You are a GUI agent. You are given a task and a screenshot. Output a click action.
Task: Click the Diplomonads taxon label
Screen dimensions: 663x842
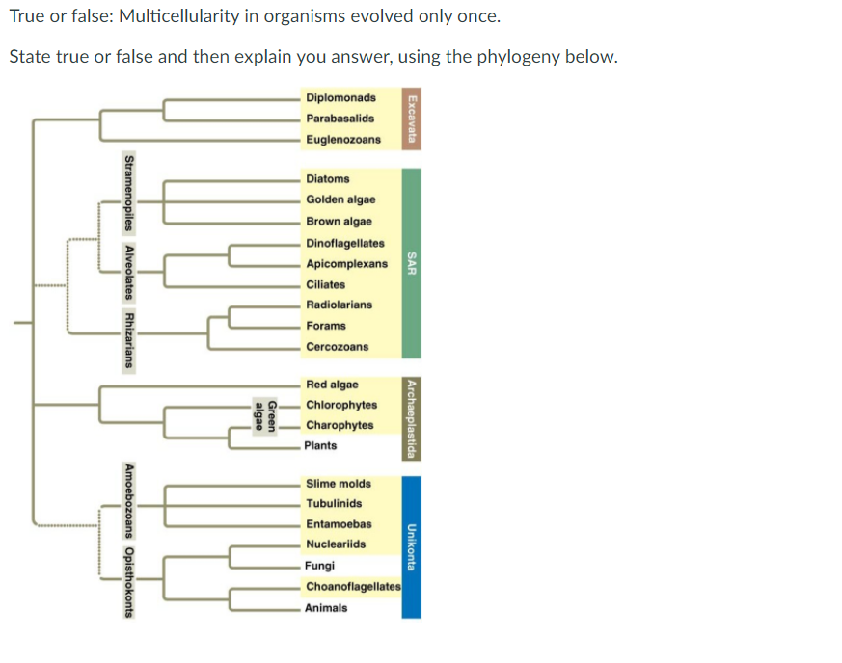pos(340,98)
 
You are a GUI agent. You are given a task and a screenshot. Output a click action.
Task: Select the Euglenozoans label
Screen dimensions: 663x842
pos(343,140)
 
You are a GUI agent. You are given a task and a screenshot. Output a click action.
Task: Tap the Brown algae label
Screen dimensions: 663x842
pos(339,222)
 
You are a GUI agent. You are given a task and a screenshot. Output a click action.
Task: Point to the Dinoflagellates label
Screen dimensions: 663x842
pos(345,244)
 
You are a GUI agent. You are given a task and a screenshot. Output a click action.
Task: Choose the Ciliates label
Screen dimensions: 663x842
pos(326,285)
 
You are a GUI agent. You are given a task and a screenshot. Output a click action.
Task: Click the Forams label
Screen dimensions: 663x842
pos(325,326)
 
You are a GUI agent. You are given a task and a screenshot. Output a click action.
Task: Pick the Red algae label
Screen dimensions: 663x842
pos(331,385)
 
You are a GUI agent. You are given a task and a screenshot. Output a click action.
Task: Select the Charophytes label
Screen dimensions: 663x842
pos(340,425)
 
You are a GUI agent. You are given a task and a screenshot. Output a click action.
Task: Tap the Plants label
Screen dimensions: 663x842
pos(321,446)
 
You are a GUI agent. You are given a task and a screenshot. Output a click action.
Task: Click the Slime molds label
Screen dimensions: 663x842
pos(338,484)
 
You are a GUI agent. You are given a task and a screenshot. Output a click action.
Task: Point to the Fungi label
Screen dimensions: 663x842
pos(319,566)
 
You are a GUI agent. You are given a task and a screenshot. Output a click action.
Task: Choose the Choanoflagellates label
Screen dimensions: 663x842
pos(353,587)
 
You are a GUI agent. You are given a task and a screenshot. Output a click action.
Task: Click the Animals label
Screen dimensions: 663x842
pos(326,608)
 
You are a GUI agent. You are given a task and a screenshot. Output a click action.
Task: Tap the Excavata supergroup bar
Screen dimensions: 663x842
pos(412,118)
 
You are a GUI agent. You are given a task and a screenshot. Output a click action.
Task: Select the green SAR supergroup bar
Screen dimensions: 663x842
pos(412,263)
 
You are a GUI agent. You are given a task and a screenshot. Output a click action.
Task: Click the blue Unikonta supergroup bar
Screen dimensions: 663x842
pos(412,544)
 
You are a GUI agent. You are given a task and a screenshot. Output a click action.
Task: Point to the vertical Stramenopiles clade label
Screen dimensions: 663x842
pos(128,194)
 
